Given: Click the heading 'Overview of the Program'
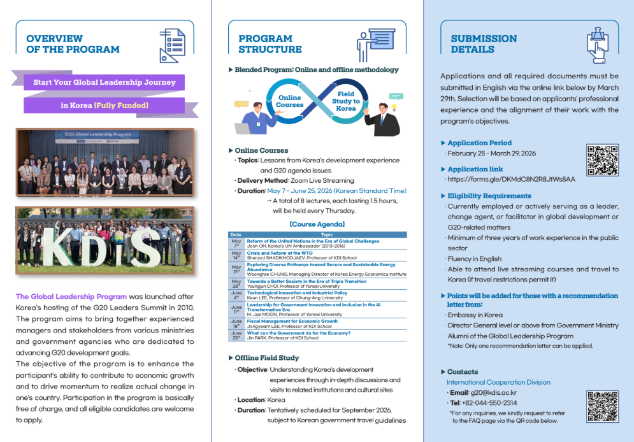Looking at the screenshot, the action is tap(73, 44).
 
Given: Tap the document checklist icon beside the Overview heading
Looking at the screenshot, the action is tap(172, 43).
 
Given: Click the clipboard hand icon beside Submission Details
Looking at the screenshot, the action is tap(597, 45).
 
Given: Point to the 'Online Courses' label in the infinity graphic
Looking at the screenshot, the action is tap(289, 101).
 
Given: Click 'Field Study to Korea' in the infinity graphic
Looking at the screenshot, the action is tap(346, 101).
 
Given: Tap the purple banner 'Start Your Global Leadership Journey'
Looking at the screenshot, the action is tap(104, 82).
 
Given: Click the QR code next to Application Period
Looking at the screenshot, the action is tap(602, 160).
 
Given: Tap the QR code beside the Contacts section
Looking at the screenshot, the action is tap(602, 406).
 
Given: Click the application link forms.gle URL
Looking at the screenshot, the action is tap(511, 180).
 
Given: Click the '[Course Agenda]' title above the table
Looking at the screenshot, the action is tap(317, 224).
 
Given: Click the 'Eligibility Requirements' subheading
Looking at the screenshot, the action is tap(489, 196).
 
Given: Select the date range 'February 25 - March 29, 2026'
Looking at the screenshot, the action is tap(491, 153).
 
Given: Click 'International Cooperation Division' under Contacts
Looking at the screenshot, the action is tap(498, 382).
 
